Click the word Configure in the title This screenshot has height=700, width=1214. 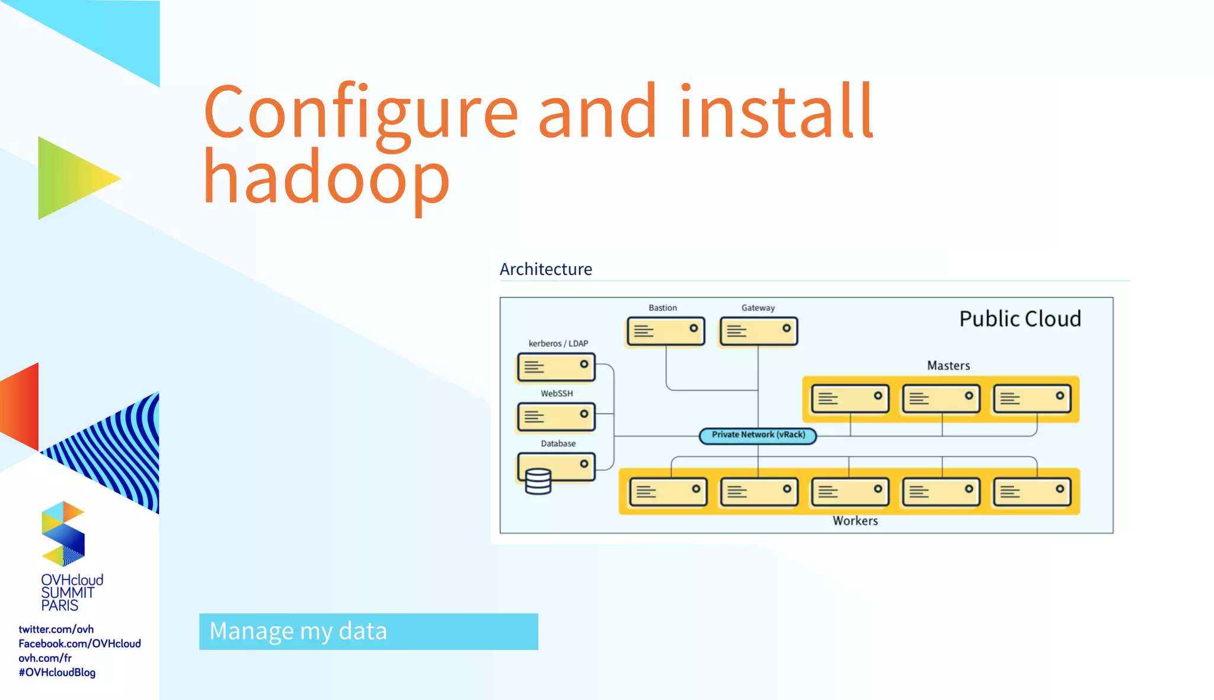coord(360,113)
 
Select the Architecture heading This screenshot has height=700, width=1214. coord(545,269)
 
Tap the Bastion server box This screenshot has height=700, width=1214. coord(666,331)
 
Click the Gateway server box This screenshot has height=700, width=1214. coord(758,331)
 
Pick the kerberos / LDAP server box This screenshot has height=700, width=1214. coord(556,367)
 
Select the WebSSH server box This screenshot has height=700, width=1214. coord(556,417)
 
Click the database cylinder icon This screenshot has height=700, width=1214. coord(538,481)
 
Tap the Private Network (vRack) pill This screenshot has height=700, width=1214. coord(758,435)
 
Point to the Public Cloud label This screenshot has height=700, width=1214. coord(1020,319)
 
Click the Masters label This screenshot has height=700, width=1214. coord(948,365)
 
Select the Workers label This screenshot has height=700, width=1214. coord(855,521)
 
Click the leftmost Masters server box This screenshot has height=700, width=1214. coord(850,399)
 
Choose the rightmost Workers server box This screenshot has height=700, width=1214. coord(1032,492)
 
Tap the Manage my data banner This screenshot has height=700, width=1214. coord(368,631)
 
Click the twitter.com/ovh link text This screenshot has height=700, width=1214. coord(56,629)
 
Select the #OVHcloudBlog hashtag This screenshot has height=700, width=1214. coord(57,672)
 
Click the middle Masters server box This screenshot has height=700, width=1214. coord(941,399)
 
